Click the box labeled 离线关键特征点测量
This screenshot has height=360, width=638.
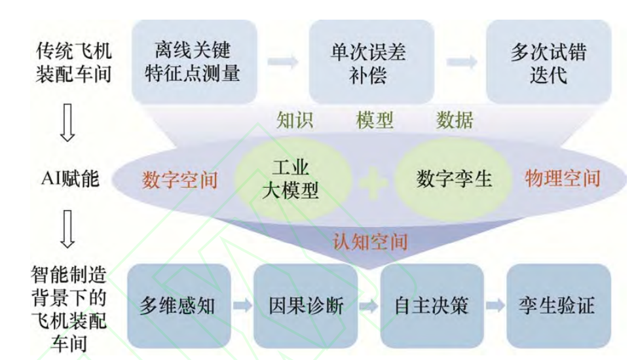click(x=193, y=61)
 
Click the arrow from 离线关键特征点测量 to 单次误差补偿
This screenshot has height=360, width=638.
click(x=282, y=62)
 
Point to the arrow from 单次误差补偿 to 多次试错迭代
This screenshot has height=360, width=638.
click(x=461, y=62)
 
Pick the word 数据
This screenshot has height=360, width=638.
click(x=455, y=120)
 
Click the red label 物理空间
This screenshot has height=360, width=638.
click(x=563, y=178)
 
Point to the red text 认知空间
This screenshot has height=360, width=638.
click(x=370, y=242)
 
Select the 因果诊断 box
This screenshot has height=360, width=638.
click(x=305, y=306)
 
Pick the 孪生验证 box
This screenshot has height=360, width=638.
click(x=558, y=306)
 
